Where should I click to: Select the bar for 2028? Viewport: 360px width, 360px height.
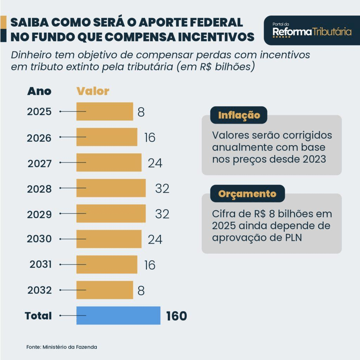[111, 188]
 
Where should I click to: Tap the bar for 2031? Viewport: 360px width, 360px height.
[107, 264]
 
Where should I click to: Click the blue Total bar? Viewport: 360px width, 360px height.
[118, 315]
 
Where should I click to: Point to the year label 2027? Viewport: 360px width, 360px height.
[39, 163]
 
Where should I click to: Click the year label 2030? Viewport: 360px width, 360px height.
[39, 239]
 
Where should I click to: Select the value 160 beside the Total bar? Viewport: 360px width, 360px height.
[176, 316]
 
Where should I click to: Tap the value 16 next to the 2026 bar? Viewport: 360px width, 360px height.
[150, 138]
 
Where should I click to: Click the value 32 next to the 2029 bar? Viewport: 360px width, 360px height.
[162, 214]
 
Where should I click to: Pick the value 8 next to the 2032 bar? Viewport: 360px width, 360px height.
[141, 290]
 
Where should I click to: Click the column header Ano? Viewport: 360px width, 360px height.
[39, 91]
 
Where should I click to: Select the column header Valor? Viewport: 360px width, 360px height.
[93, 91]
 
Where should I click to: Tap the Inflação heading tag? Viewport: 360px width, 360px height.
[239, 115]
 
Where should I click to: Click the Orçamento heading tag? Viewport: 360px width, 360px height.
[247, 194]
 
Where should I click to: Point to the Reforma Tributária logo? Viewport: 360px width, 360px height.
[312, 31]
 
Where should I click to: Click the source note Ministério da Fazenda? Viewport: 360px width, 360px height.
[70, 347]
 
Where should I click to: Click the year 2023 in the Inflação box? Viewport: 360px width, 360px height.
[314, 159]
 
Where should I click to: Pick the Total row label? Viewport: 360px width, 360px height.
[38, 316]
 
